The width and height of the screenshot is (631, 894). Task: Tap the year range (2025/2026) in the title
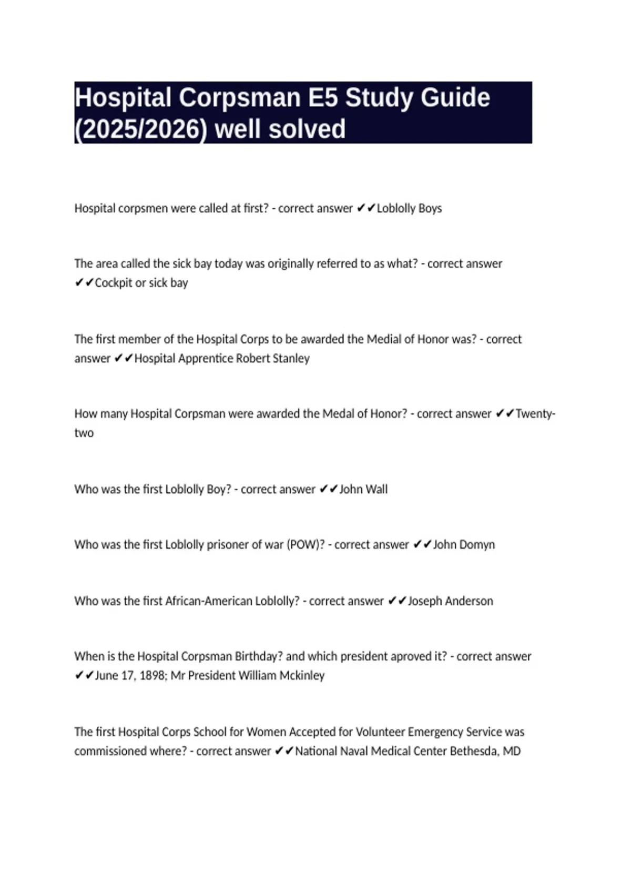point(141,129)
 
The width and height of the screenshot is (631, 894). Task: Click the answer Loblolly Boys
point(409,208)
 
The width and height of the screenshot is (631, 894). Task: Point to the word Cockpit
point(113,283)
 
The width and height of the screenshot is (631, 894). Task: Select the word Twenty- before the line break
point(535,414)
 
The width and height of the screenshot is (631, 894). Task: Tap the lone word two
point(84,433)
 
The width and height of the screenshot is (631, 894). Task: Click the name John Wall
point(363,489)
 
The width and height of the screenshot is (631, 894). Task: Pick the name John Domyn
point(464,545)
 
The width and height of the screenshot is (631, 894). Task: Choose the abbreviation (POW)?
point(306,545)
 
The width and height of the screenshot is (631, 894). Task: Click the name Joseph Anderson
point(451,601)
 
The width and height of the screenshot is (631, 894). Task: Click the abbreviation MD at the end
point(512,751)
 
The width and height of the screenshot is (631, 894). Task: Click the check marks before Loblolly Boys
point(365,208)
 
